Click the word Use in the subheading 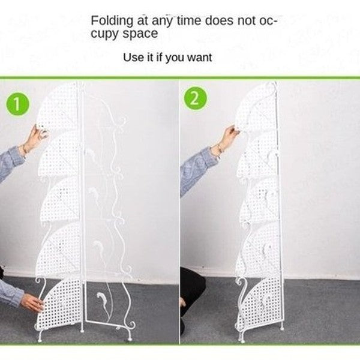pyautogui.click(x=133, y=58)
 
